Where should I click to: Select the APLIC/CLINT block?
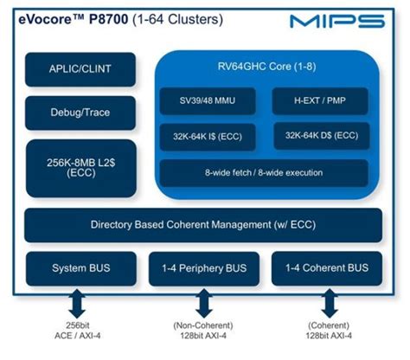80,69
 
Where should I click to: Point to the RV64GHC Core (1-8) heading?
273,67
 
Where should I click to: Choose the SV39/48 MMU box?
209,101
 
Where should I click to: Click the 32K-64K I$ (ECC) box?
209,137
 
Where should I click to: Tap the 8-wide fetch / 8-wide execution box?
267,173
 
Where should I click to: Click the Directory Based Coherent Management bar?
204,225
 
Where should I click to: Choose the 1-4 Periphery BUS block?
204,269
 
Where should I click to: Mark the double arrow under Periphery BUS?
205,305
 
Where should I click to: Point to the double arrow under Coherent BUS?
328,305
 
